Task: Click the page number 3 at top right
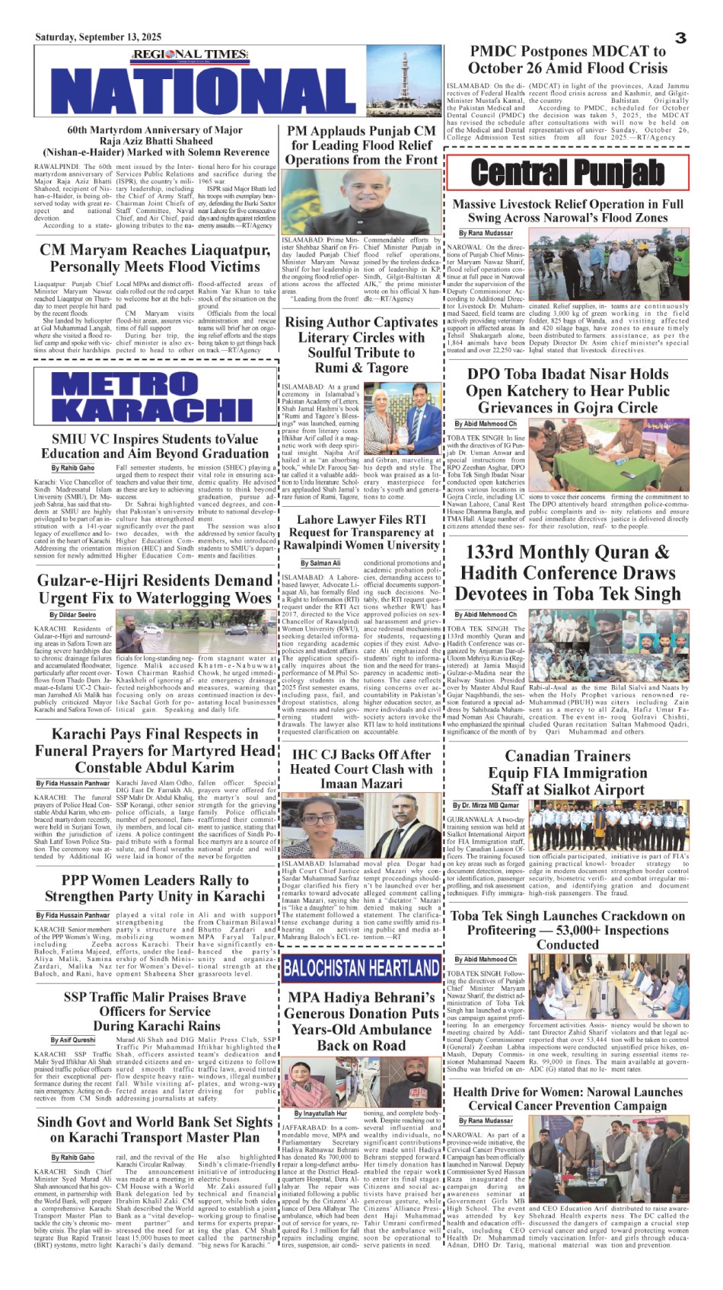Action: pos(680,37)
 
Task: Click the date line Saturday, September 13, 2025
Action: pos(98,37)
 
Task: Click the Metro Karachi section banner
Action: pos(153,397)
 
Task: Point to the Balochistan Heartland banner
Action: pos(361,969)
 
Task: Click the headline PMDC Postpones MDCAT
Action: pos(569,59)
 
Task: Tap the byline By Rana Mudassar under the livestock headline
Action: pos(486,233)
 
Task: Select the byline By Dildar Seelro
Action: pos(73,615)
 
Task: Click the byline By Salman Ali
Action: pos(320,563)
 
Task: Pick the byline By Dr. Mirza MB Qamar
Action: pos(486,805)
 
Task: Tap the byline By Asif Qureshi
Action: pos(74,1040)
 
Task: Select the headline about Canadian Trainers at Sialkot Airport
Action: pos(568,772)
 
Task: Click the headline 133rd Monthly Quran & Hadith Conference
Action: pos(568,572)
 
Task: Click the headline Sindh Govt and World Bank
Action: pos(154,1129)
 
